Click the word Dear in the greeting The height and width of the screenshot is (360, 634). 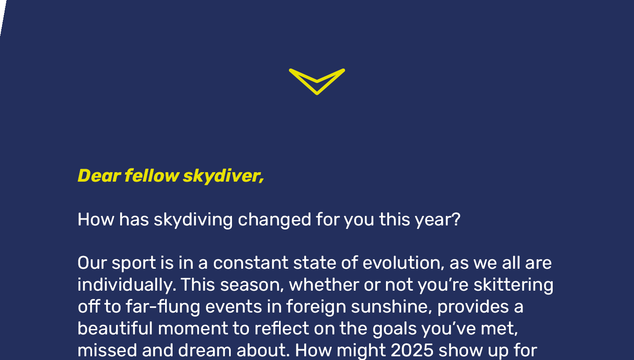coord(99,176)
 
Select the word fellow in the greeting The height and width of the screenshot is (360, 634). coord(152,175)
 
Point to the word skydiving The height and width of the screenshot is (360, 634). coord(193,220)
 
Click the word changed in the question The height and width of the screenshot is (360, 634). coord(274,220)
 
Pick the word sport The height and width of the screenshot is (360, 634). coord(134,263)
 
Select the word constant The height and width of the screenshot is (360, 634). coord(251,263)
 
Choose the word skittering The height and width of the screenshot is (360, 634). coord(513,285)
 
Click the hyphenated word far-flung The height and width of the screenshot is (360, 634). coord(163,307)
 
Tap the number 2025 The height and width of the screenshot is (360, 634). coord(412,351)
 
